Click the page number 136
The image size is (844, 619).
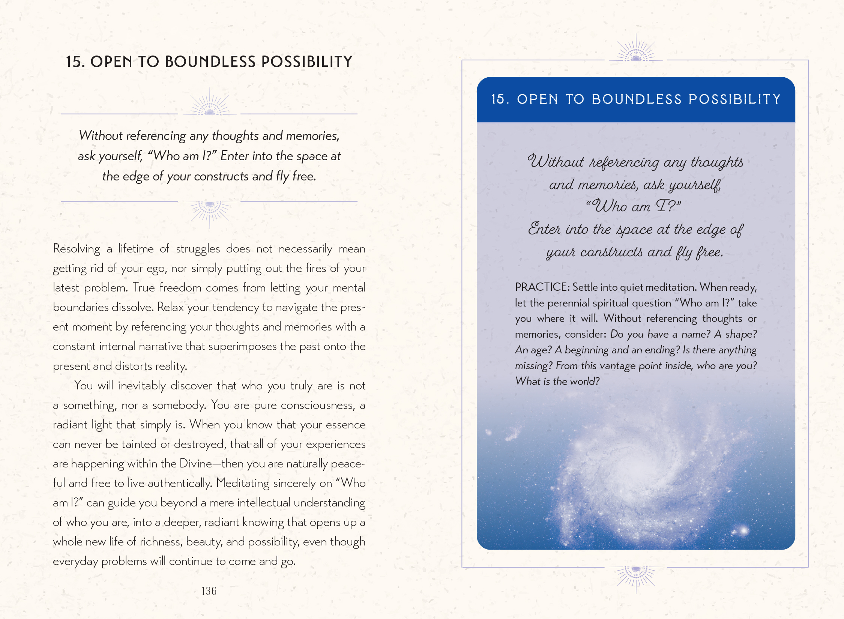tap(209, 591)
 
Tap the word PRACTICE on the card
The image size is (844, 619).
tap(542, 287)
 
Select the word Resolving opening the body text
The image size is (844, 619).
tap(77, 249)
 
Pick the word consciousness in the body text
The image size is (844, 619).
tap(317, 405)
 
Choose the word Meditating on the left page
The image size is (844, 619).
tap(243, 483)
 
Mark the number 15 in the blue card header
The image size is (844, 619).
tap(498, 99)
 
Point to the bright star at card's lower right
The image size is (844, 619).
tap(743, 530)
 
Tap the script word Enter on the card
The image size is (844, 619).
tap(544, 229)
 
